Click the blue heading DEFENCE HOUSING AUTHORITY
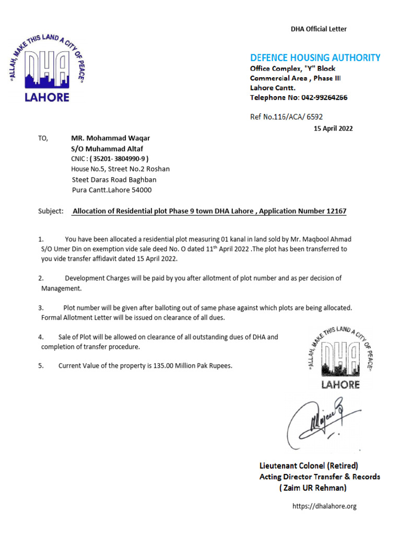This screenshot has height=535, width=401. [315, 58]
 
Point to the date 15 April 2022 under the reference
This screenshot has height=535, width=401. [333, 129]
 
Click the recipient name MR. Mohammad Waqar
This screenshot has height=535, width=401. [110, 138]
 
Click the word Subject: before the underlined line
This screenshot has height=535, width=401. [51, 212]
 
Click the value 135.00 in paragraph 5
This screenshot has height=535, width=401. [163, 366]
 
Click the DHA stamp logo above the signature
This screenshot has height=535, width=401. [340, 358]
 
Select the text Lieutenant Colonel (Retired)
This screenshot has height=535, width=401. [309, 466]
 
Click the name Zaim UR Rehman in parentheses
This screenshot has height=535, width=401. [313, 488]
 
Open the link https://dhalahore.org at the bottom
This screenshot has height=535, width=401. [324, 506]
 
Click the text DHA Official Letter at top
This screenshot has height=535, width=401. [319, 29]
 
